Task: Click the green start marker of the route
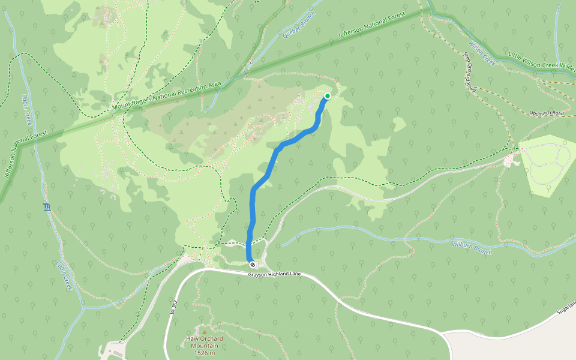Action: point(328,96)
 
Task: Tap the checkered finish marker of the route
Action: point(253,264)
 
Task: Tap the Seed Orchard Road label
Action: point(470,71)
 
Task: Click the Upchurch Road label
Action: point(547,113)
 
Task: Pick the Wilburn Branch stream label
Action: point(472,247)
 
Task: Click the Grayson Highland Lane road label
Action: point(274,275)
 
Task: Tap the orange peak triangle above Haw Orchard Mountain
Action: point(204,331)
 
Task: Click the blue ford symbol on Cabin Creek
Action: point(47,208)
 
